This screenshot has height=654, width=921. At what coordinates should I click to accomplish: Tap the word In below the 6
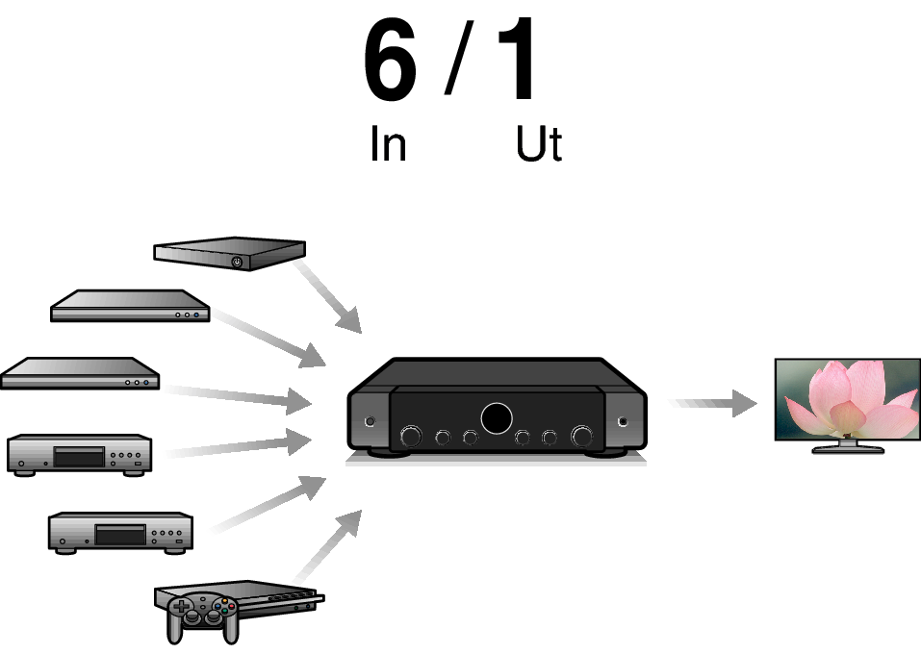point(388,145)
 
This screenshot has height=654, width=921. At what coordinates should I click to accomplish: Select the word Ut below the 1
point(538,145)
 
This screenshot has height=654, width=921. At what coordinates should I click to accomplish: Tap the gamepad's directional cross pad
point(181,607)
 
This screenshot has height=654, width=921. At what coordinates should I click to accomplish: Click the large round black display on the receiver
point(497,418)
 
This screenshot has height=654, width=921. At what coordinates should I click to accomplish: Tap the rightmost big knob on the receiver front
point(582,437)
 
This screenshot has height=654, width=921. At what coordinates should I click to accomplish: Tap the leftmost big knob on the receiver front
point(410,437)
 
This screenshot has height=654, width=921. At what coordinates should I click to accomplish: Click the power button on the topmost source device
point(237,262)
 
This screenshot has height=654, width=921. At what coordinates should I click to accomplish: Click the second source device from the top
point(130,307)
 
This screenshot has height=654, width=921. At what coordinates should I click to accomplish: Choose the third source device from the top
point(79,373)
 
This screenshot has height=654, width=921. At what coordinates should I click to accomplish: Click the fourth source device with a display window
point(79,453)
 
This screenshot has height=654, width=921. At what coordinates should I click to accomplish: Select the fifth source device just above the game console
point(120,532)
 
